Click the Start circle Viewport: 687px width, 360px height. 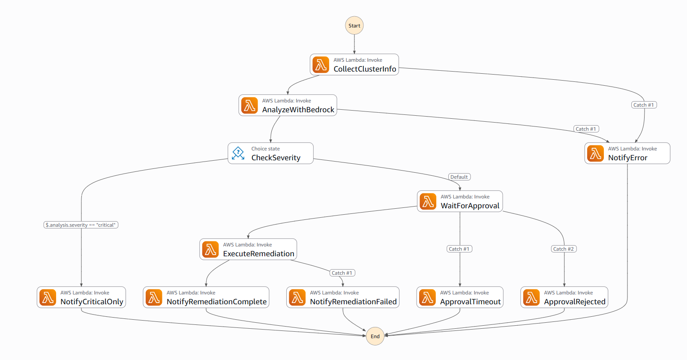coord(354,25)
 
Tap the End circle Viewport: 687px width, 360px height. coord(375,336)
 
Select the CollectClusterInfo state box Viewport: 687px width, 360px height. coord(354,65)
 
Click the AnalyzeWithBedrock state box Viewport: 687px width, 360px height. coord(288,105)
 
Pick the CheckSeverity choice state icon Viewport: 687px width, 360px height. coord(238,153)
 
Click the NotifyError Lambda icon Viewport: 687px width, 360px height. coord(595,153)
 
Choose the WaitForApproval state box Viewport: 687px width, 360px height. coord(460,201)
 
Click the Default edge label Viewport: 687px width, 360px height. coord(459,177)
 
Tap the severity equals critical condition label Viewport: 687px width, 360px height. coord(81,225)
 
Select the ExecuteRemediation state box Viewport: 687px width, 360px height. coord(248,249)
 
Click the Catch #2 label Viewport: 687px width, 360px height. coord(564,249)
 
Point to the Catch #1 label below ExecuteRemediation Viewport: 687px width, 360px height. coord(342,273)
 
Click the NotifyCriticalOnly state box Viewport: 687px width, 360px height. coord(81,297)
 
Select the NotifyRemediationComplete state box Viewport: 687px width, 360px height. coord(206,297)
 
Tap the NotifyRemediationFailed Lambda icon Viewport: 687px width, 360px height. coord(297,297)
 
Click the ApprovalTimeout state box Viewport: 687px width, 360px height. coord(460,297)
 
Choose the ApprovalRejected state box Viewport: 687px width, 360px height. coord(564,297)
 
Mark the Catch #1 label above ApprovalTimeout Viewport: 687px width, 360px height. coord(459,249)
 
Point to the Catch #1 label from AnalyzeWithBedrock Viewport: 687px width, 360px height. coord(586,129)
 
